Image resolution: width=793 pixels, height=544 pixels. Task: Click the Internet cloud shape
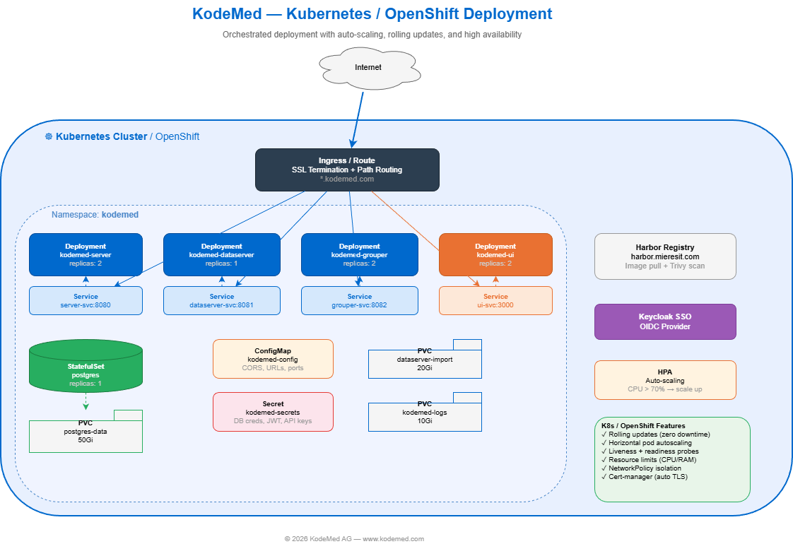[x=368, y=68]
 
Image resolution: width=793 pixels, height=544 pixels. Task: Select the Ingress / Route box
[x=347, y=170]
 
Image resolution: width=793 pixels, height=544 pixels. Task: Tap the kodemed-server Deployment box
[x=86, y=254]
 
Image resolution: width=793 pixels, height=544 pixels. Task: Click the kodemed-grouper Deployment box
[x=358, y=254]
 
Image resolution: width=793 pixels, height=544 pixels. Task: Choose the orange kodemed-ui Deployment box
[x=495, y=254]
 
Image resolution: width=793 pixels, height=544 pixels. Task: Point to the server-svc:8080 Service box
[x=86, y=300]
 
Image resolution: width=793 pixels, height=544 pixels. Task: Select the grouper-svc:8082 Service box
[x=358, y=300]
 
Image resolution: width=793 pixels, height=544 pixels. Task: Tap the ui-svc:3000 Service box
[x=495, y=300]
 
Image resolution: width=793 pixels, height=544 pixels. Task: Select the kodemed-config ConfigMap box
[x=273, y=359]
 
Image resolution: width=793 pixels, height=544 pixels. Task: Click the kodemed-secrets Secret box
[x=273, y=412]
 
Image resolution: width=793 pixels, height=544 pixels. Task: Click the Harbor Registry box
[x=665, y=256]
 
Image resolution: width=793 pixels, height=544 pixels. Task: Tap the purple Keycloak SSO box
[x=665, y=321]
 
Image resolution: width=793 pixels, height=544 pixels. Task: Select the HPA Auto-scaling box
[x=665, y=380]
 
